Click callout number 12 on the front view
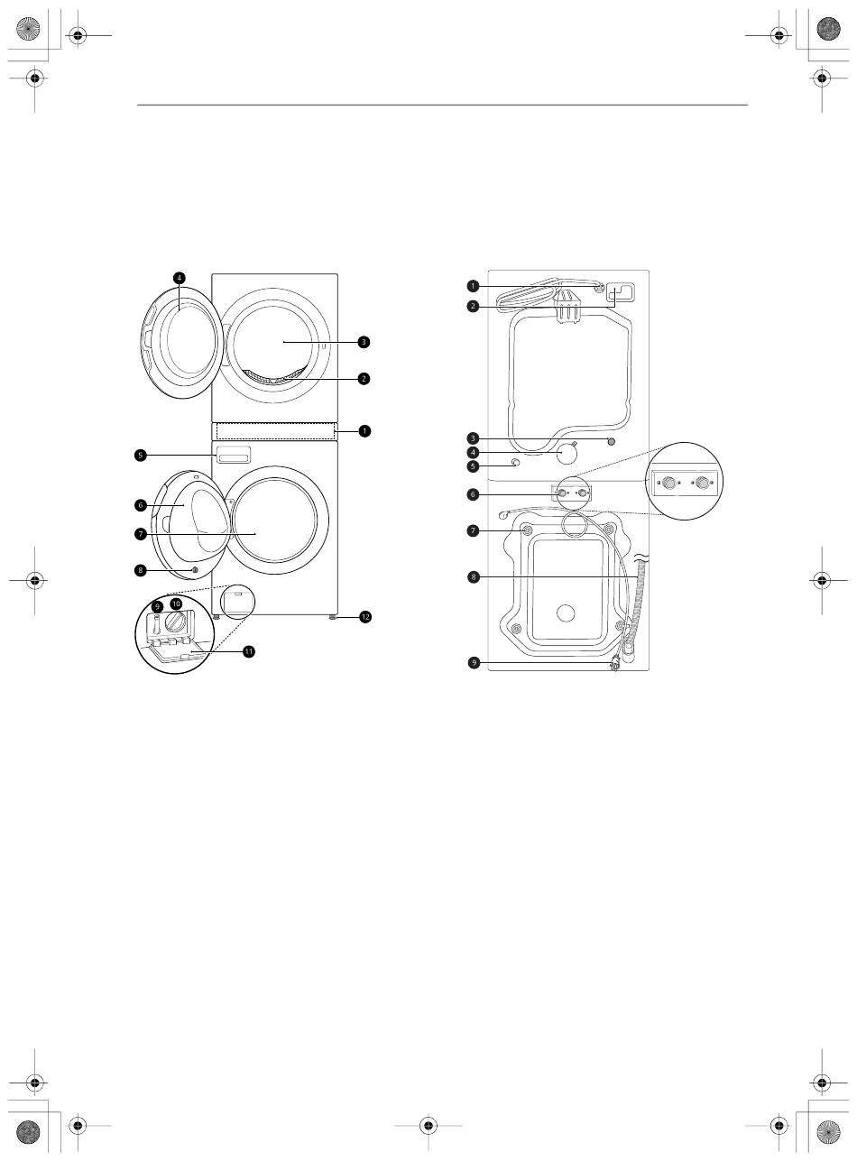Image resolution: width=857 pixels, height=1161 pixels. [x=364, y=617]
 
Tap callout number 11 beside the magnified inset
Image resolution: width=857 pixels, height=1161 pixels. [x=249, y=651]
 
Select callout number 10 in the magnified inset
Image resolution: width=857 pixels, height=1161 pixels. [x=176, y=604]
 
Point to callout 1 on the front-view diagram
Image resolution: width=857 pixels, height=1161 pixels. [x=364, y=431]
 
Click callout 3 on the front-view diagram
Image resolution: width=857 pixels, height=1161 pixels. [x=364, y=342]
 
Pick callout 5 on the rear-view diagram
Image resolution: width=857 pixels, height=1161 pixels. [x=473, y=465]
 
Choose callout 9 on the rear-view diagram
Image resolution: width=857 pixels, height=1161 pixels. [x=474, y=663]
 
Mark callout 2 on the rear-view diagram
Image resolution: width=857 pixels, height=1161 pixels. [x=473, y=306]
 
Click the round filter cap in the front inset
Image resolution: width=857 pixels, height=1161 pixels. [x=176, y=624]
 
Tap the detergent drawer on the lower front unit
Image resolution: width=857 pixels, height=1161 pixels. [x=234, y=454]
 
